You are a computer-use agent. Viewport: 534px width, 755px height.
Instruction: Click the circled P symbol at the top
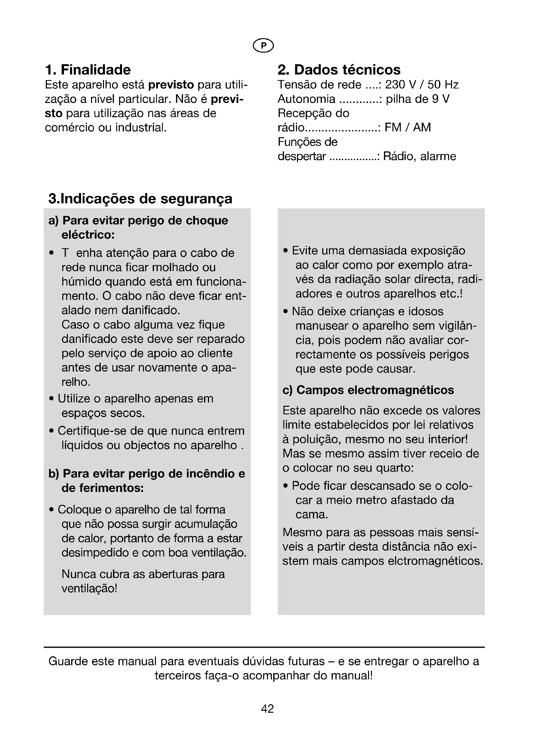coord(263,46)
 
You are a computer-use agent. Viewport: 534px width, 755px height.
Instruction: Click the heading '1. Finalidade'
coord(88,70)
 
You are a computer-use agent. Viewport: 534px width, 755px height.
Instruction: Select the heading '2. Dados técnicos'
coord(339,70)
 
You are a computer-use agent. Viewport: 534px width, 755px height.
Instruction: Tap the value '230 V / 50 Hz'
coord(422,85)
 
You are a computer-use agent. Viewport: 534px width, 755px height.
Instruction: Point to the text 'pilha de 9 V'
coord(417,99)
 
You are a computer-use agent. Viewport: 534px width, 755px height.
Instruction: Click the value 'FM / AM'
coord(408,127)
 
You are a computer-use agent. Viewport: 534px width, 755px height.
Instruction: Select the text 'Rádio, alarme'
coord(420,156)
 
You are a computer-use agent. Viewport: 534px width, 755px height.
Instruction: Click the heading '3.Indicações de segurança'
coord(140,199)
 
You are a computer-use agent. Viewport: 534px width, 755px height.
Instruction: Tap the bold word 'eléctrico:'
coord(88,235)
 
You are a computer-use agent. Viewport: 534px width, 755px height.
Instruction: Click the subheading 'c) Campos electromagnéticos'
coord(368,390)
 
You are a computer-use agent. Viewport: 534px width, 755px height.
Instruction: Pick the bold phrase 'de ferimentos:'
coord(103,488)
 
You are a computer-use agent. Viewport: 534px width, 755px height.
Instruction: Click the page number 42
coord(267,709)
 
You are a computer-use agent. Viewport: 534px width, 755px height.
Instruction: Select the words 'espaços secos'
coord(103,413)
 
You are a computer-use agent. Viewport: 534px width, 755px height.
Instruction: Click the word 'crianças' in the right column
coord(372,311)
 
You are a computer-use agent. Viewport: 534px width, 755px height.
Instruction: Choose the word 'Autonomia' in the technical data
coord(306,99)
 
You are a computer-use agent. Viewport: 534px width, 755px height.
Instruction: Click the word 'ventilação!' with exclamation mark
coord(89,588)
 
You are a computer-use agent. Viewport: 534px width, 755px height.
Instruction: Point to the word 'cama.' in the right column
coord(312,515)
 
